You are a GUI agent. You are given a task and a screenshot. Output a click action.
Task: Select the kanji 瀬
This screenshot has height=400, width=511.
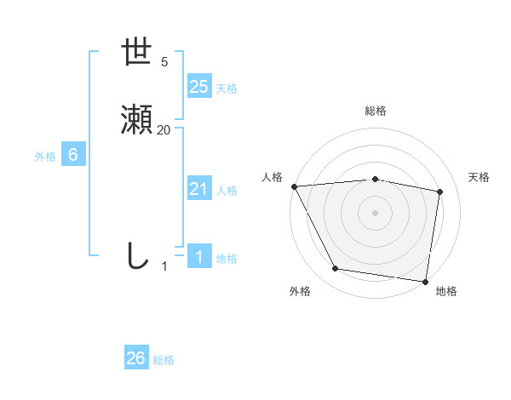click(x=137, y=121)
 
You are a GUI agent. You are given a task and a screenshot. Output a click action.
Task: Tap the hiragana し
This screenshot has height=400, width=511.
click(x=137, y=255)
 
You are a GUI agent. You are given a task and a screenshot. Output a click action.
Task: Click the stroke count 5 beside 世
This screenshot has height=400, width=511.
click(x=164, y=62)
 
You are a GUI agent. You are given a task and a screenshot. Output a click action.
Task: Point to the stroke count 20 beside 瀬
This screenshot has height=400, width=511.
click(x=164, y=130)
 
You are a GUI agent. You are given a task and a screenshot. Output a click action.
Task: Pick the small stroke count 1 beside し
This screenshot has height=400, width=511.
click(x=165, y=266)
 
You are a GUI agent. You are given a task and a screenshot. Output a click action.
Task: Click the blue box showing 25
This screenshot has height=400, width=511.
click(x=199, y=86)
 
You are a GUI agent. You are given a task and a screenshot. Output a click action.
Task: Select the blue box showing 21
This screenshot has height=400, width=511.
click(x=199, y=189)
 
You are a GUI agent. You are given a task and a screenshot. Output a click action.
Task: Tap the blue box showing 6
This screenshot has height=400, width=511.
click(x=73, y=155)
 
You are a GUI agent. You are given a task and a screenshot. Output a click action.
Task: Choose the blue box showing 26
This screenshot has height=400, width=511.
click(x=136, y=358)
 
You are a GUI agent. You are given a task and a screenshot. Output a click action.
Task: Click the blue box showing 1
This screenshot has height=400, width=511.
click(x=199, y=257)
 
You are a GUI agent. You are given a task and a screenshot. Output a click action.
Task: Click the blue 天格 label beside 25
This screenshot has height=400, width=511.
click(x=227, y=89)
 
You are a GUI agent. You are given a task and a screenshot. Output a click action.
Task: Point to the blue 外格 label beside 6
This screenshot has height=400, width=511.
click(x=45, y=157)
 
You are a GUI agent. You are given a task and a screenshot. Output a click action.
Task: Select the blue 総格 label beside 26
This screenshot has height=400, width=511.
click(x=164, y=360)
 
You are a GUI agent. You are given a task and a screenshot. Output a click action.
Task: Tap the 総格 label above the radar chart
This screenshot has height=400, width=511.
click(x=376, y=111)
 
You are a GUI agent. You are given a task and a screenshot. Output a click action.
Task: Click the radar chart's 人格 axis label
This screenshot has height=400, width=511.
click(x=272, y=177)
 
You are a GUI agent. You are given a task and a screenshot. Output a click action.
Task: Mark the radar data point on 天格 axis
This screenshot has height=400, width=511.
click(x=440, y=191)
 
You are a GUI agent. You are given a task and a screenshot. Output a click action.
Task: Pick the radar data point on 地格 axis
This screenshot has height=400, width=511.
click(x=425, y=281)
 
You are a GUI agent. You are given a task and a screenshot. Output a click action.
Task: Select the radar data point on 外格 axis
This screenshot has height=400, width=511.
click(x=336, y=269)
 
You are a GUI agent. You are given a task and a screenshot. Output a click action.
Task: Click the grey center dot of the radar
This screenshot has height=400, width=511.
click(x=376, y=213)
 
